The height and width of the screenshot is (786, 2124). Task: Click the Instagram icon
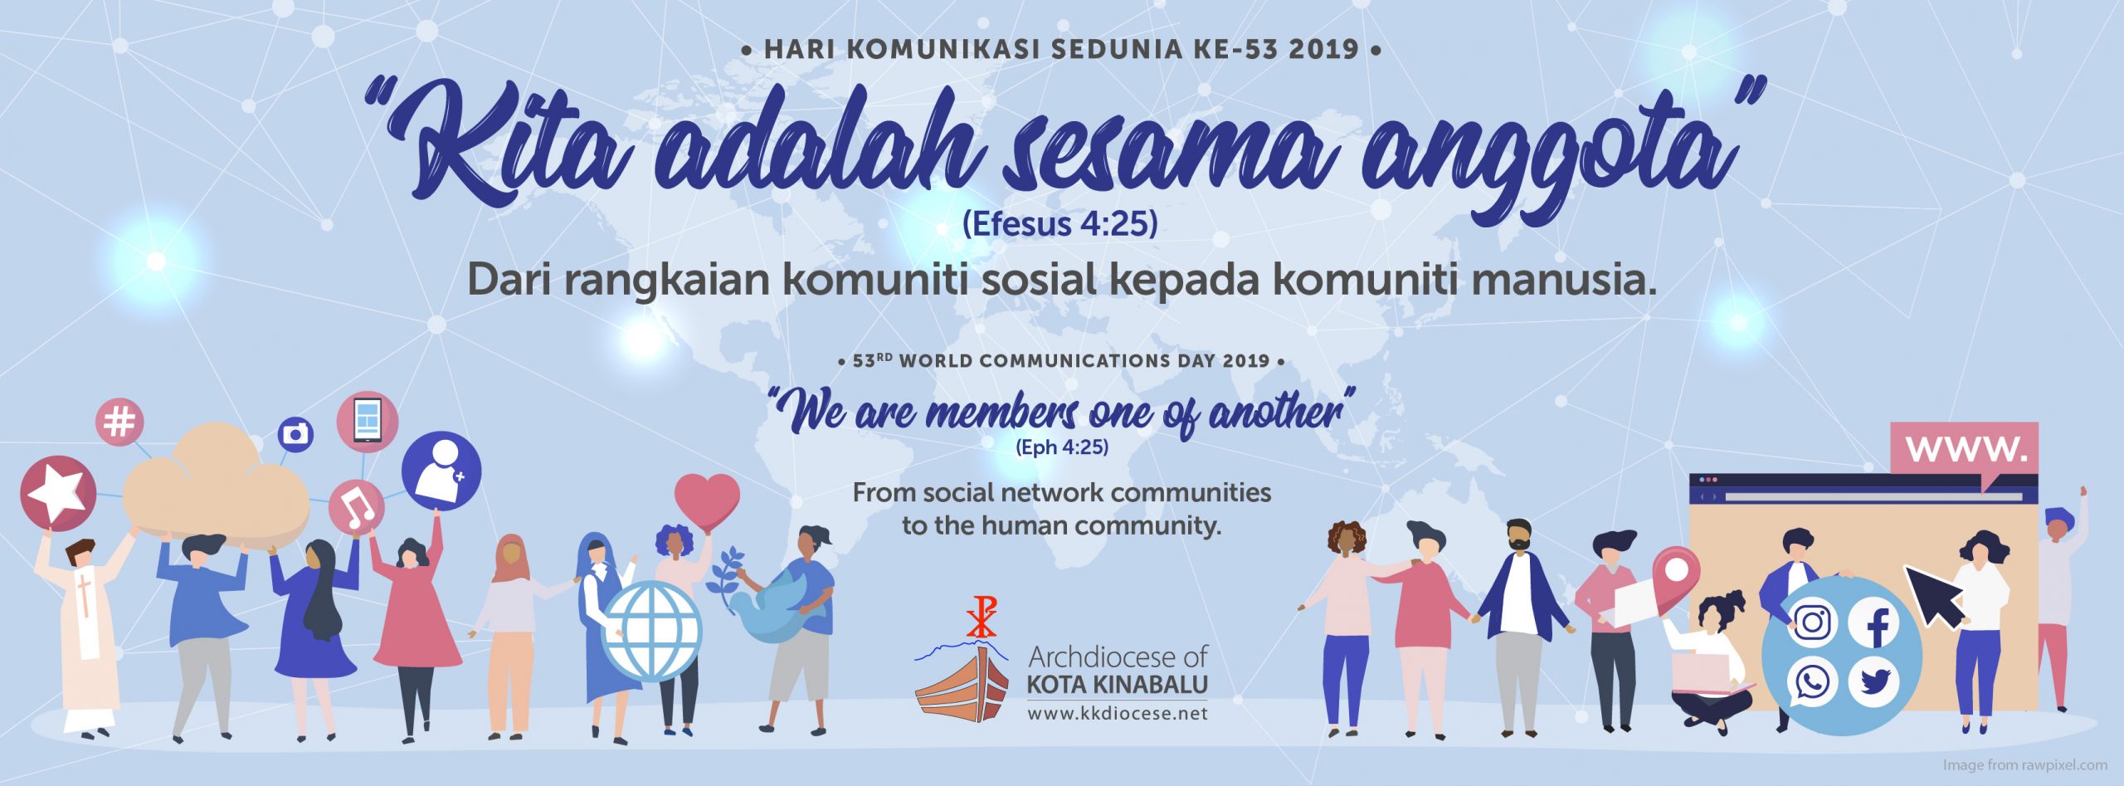1812,622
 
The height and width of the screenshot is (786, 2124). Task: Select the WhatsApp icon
1811,683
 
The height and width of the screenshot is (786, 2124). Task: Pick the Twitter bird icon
1874,682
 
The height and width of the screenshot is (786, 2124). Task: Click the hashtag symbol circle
119,422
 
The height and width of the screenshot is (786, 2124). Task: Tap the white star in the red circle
57,493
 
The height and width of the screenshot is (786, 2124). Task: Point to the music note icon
357,507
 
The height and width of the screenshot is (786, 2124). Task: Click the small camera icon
295,433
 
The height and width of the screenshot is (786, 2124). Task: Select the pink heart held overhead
707,500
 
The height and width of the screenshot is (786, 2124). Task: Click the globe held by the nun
651,630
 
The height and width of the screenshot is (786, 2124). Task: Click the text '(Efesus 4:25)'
1060,224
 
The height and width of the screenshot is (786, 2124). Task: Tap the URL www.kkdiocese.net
1118,713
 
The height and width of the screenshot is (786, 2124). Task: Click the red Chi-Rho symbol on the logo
982,616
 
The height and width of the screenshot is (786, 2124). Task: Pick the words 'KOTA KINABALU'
1118,685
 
